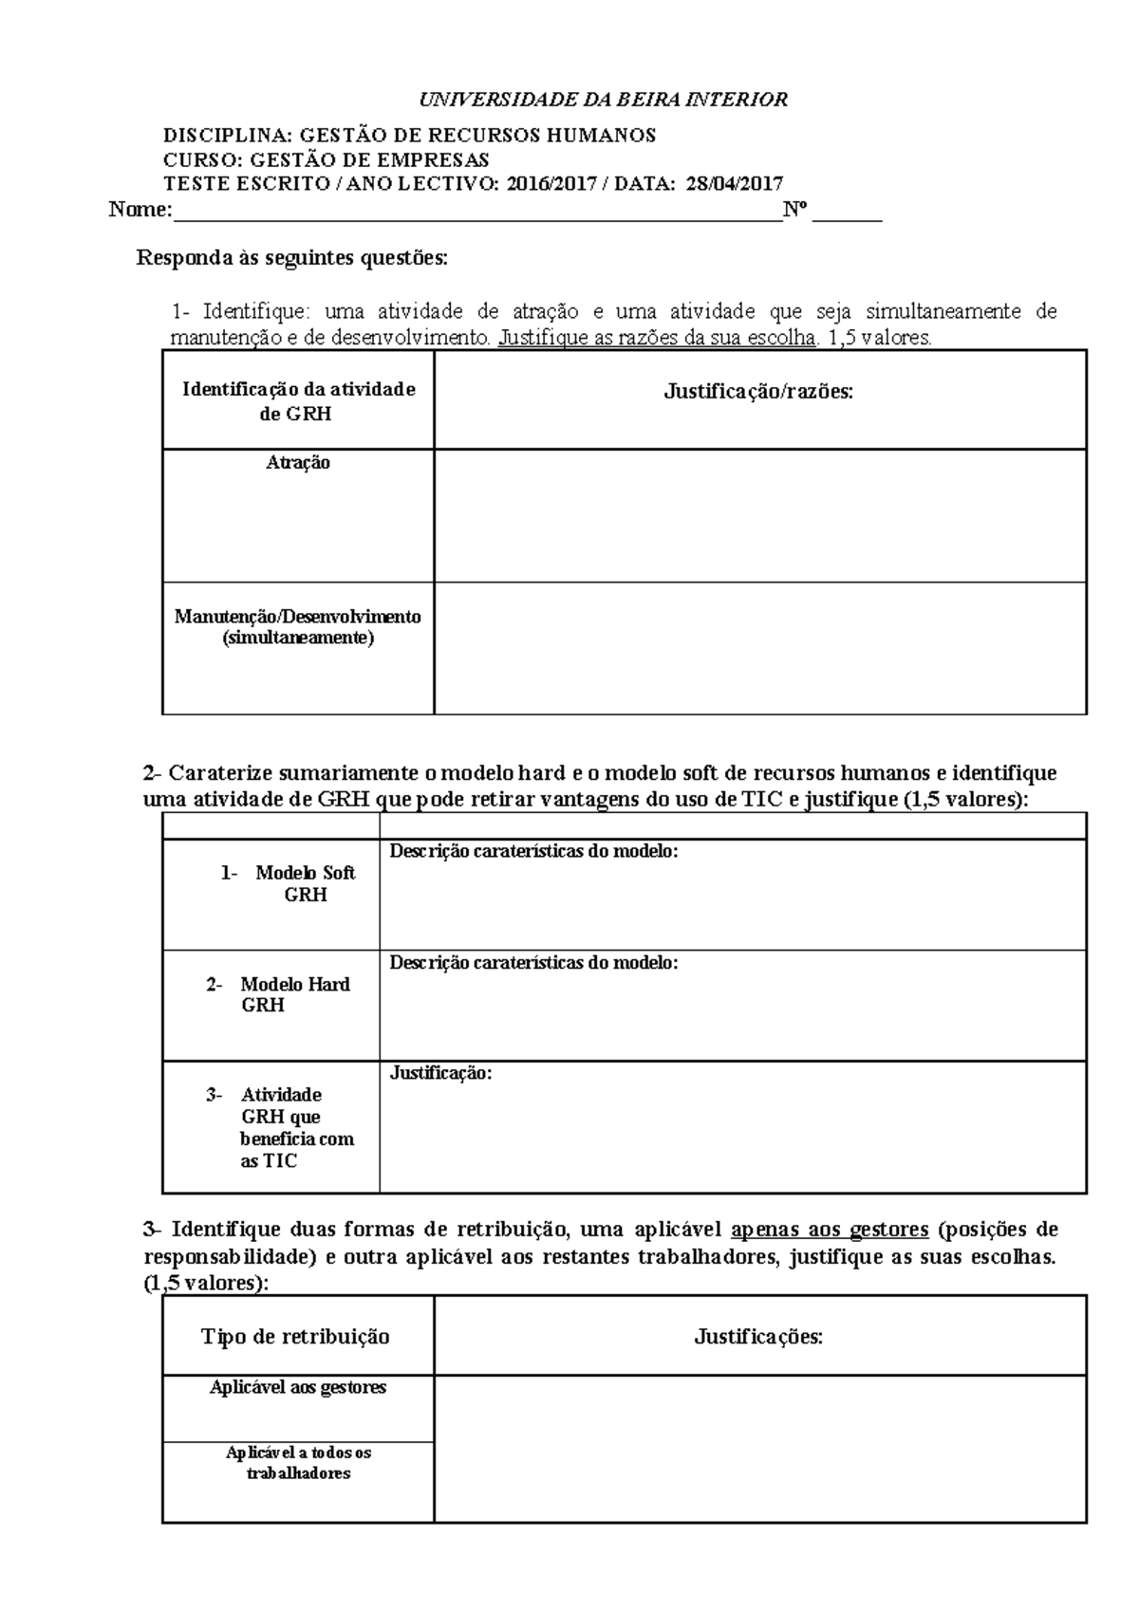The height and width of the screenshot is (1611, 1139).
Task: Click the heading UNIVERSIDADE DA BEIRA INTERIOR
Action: coord(605,100)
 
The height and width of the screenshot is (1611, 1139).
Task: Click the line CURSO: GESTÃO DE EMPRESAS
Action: coord(327,159)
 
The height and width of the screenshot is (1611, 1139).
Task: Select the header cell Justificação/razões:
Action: coord(758,391)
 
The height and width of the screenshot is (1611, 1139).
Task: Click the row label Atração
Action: coord(298,463)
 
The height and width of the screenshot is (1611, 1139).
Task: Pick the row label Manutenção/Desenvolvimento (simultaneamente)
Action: coord(298,627)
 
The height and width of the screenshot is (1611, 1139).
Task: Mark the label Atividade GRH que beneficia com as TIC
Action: coord(296,1127)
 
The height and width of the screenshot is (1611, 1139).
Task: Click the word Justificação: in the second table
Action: coord(441,1073)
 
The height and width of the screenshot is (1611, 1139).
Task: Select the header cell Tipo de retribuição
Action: coord(295,1337)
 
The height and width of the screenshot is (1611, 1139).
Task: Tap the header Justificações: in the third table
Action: coord(758,1337)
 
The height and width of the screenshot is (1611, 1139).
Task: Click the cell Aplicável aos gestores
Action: coord(298,1387)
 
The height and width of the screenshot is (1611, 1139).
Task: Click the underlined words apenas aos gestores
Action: coord(831,1231)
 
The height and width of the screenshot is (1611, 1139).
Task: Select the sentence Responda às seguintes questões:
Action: coord(291,258)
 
